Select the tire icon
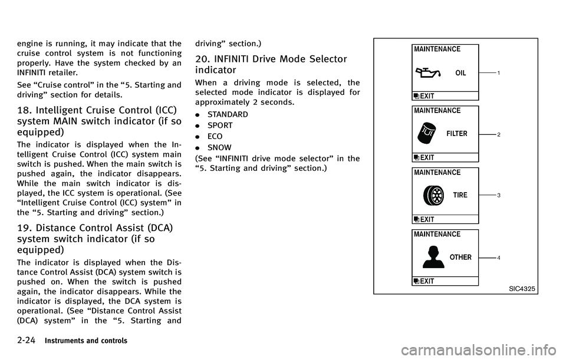pos(433,195)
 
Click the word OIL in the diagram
pos(460,74)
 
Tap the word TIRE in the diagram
pos(460,195)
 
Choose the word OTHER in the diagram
pos(460,257)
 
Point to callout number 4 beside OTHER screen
pos(499,258)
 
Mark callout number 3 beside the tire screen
pos(499,195)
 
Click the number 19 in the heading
pos(17,230)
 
